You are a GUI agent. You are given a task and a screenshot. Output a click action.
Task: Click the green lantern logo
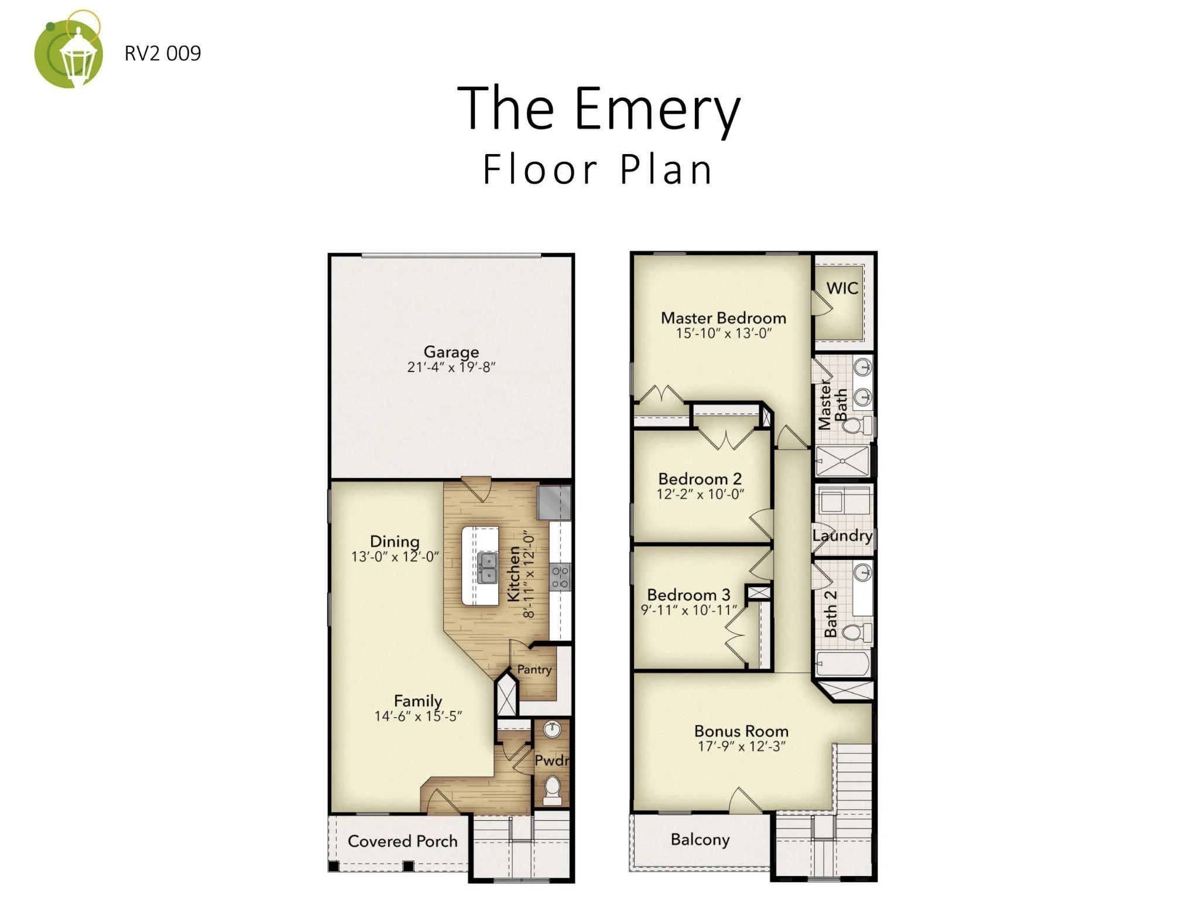68,51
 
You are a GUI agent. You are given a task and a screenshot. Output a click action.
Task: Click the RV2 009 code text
163,53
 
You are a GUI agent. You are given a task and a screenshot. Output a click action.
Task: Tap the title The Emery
599,109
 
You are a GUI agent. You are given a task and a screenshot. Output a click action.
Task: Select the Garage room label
451,352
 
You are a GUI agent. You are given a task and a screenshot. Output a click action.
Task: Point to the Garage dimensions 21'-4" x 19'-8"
451,367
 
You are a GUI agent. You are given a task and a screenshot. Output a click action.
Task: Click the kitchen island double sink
487,568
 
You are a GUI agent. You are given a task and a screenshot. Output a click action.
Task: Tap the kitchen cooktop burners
560,576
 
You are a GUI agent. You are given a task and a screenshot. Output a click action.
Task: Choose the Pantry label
535,669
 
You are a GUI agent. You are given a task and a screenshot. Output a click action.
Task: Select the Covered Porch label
403,841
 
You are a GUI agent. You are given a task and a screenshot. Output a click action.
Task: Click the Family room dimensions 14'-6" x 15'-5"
419,716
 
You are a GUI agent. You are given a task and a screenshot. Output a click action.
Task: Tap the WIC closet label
842,288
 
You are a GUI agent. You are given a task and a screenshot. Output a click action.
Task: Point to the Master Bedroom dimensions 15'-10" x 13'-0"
724,333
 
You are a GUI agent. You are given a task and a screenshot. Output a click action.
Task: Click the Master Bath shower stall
842,461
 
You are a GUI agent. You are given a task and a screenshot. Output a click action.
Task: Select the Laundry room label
842,536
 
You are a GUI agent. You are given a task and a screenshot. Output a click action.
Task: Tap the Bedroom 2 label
700,479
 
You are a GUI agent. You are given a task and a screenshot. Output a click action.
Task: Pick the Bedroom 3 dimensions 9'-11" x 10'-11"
689,610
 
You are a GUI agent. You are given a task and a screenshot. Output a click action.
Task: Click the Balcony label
700,840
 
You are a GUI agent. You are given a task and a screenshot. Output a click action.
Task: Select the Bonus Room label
741,731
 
